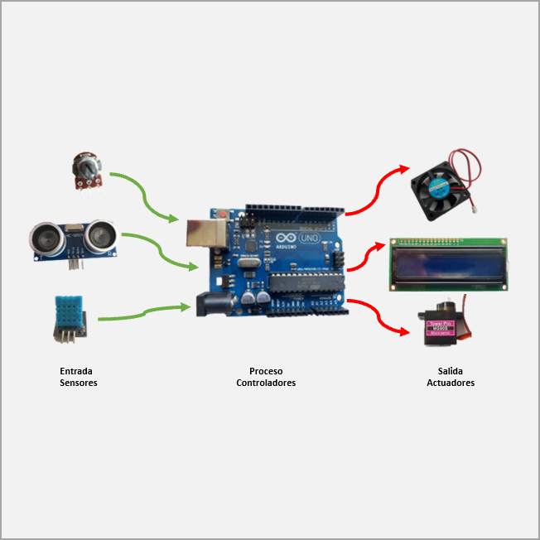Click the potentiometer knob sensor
point(85,169)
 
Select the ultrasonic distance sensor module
point(73,239)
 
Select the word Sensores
point(79,383)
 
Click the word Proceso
point(266,371)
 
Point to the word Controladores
point(266,383)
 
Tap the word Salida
point(451,371)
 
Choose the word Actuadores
point(451,383)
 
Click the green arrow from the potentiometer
point(145,197)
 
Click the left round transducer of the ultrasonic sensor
point(47,239)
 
